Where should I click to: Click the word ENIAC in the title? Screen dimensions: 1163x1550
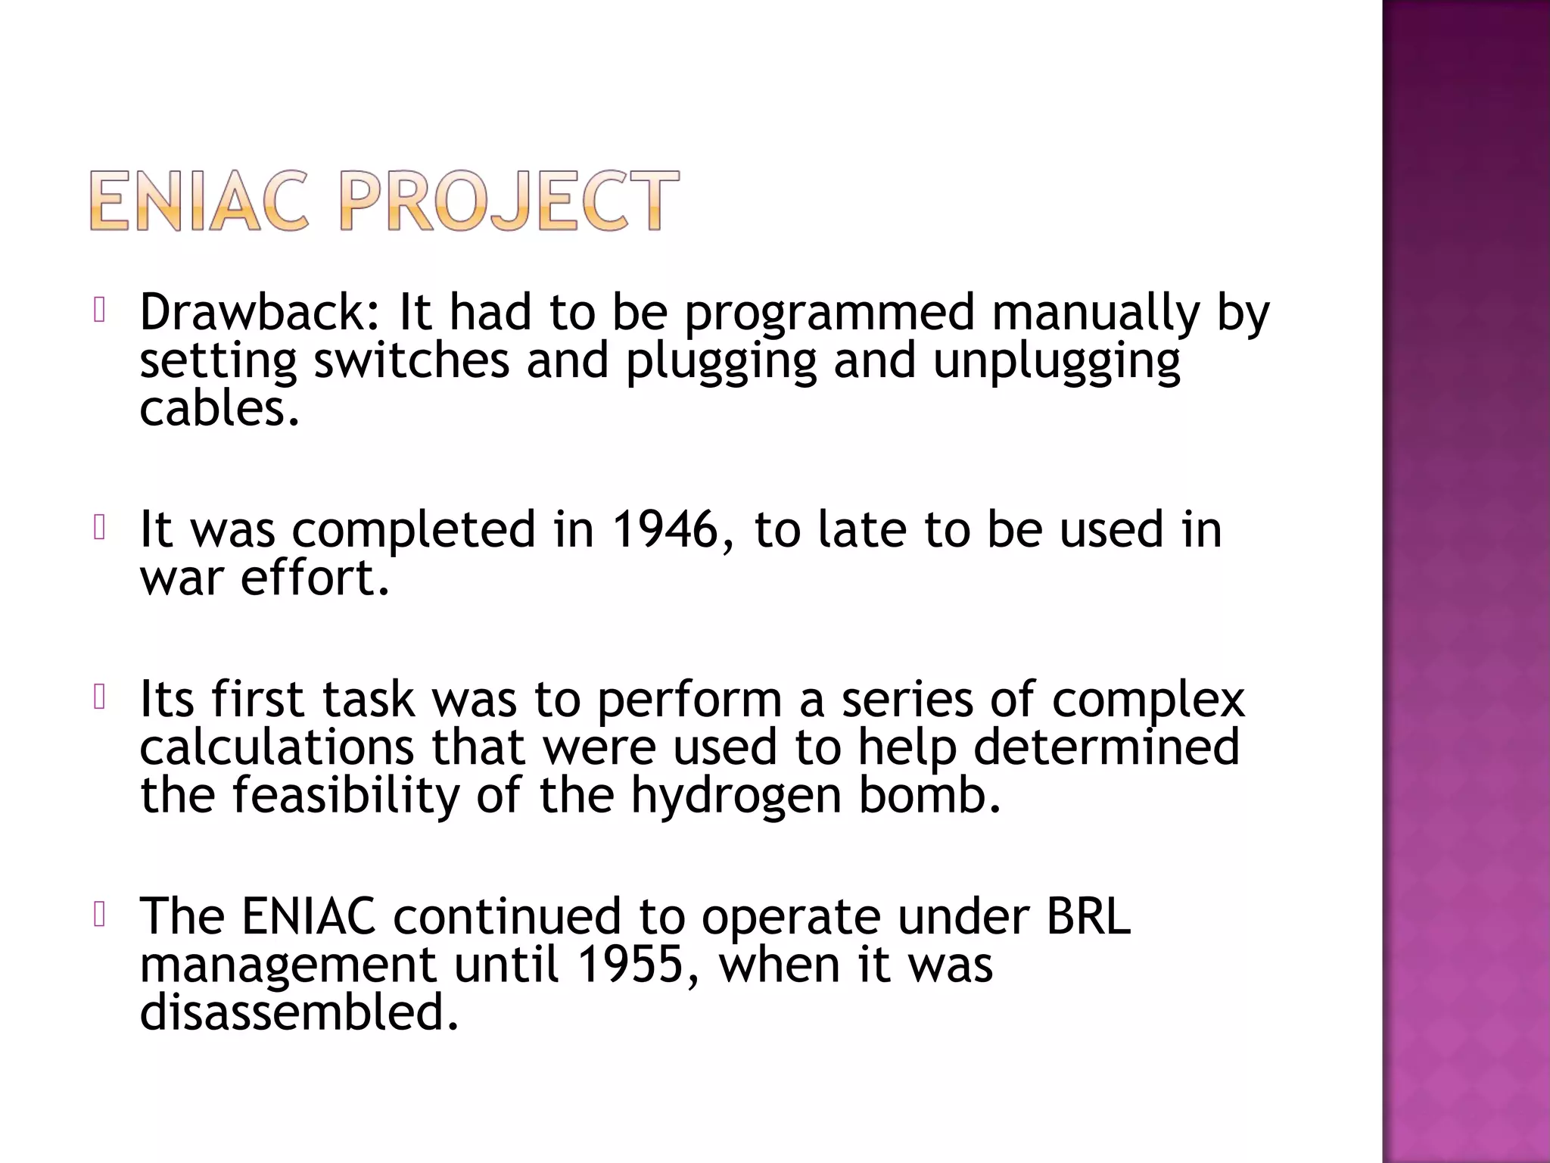tap(199, 201)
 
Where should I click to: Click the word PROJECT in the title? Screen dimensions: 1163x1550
tap(509, 201)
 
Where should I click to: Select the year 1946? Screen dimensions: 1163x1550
tap(665, 529)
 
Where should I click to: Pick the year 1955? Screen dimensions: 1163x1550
tap(630, 965)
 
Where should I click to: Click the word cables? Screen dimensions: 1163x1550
tap(219, 409)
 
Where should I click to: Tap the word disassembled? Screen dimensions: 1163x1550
tap(300, 1013)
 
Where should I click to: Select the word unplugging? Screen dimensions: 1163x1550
tap(1056, 362)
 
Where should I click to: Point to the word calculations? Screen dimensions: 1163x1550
tap(277, 747)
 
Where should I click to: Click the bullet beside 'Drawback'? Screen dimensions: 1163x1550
tap(98, 310)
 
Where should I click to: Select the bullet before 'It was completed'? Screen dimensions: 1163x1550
tap(98, 528)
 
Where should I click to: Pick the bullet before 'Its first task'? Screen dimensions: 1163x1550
tap(98, 697)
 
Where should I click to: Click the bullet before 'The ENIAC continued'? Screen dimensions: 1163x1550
tap(98, 915)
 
